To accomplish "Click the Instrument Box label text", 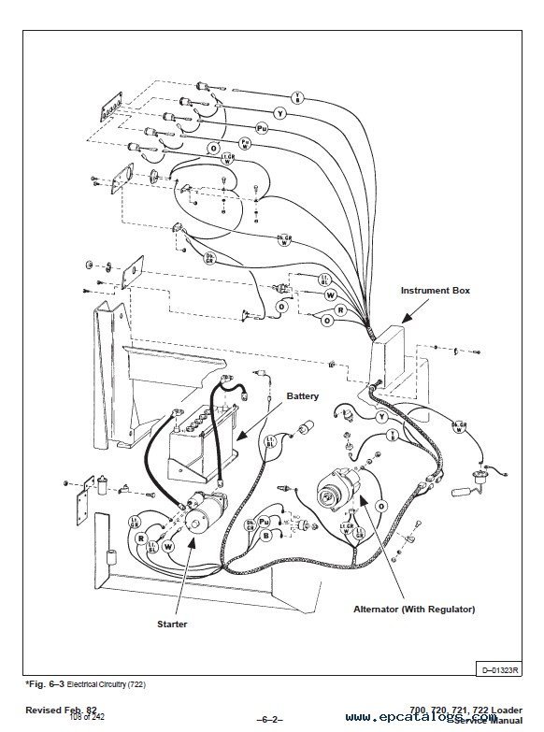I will pyautogui.click(x=435, y=291).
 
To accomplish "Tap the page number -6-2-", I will pyautogui.click(x=268, y=721).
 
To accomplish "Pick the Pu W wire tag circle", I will pyautogui.click(x=245, y=143).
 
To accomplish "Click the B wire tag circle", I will pyautogui.click(x=266, y=537).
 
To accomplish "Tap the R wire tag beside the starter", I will pyautogui.click(x=141, y=539).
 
